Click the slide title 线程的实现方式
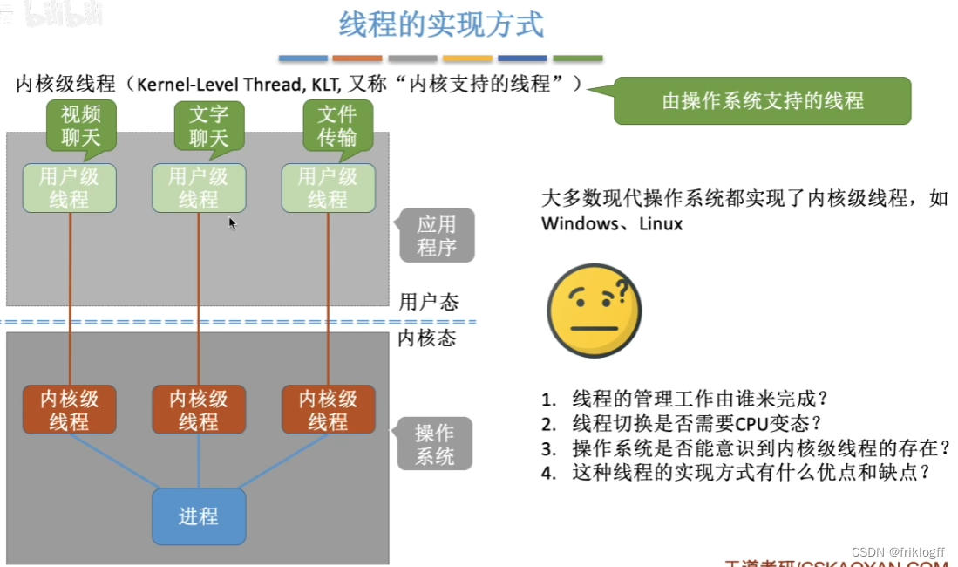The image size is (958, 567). coord(441,24)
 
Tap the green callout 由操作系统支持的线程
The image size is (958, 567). coord(763,100)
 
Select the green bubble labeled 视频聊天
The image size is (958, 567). coord(81,125)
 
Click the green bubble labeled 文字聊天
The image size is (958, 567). coord(208,125)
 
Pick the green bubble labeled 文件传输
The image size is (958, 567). coord(337,125)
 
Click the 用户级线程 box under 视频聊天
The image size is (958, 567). coord(69,188)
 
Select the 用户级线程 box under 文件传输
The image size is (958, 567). coord(328,188)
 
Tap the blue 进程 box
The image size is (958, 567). coord(199,516)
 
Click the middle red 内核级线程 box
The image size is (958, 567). coord(199,410)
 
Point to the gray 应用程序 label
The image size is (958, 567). coord(437,236)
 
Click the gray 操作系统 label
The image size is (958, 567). coord(434,444)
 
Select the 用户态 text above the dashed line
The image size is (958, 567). coord(428,302)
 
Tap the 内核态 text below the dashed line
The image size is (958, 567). coord(427,338)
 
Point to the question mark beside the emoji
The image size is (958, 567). coord(622,289)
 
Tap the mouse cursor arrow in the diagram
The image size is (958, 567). coord(232,222)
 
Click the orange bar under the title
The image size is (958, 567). coord(357,58)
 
